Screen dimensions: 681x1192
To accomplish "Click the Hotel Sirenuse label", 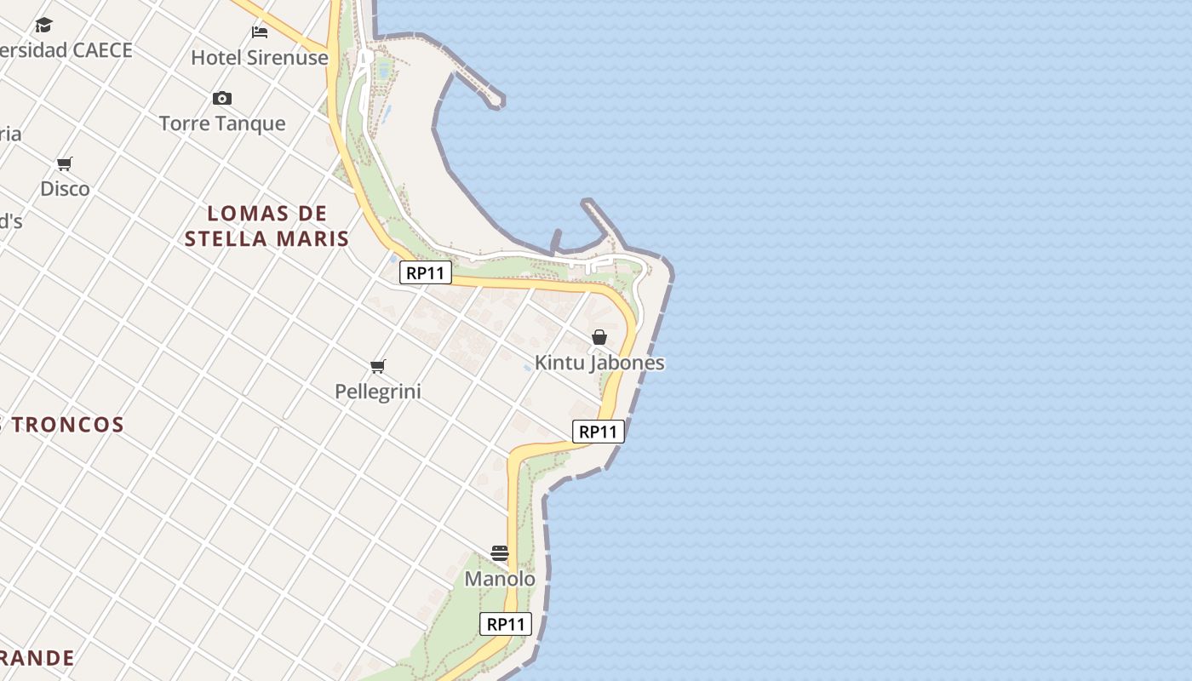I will coord(259,58).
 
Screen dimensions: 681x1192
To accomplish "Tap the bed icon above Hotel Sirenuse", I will coord(260,32).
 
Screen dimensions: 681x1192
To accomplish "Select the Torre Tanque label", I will coord(222,123).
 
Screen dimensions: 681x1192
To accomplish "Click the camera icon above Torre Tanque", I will coord(222,99).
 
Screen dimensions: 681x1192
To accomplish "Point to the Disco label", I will coord(65,188).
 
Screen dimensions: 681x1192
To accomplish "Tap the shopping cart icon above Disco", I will coord(65,163).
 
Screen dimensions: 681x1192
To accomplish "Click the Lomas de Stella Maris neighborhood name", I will coord(267,226).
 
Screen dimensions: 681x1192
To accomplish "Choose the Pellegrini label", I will coord(378,392).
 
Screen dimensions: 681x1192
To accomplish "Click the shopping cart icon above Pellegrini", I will coord(378,367).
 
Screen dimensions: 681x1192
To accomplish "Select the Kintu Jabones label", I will coord(599,363).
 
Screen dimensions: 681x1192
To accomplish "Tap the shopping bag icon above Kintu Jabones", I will coord(599,338).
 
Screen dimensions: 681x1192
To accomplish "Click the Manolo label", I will coord(500,579).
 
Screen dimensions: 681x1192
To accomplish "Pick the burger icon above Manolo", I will coord(500,553).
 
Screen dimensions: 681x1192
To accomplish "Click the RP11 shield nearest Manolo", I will coord(506,624).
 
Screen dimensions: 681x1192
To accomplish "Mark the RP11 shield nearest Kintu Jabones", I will coord(598,432).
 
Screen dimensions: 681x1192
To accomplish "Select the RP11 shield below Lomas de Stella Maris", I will coord(426,273).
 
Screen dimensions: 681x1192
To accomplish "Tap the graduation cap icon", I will coord(43,25).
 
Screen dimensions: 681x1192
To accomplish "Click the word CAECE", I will coord(102,50).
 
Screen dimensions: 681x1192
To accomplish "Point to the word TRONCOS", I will coord(68,425).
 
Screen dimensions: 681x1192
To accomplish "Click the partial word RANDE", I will coord(37,658).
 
